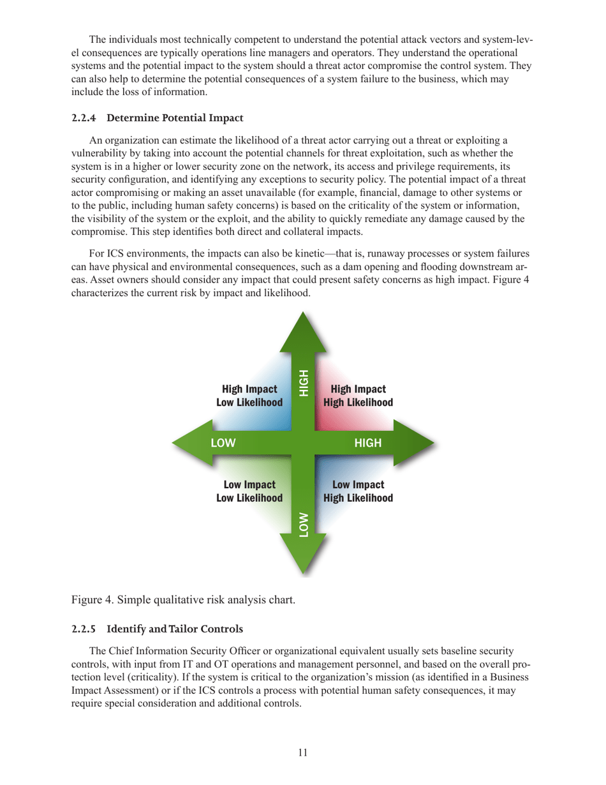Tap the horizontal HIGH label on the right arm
tap(368, 443)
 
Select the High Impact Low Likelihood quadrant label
tap(249, 396)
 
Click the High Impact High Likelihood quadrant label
tap(358, 396)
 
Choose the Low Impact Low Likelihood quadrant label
tap(249, 491)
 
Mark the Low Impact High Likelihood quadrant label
tap(358, 491)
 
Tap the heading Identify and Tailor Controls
tap(175, 629)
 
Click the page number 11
tap(303, 753)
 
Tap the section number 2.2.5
tap(84, 629)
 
